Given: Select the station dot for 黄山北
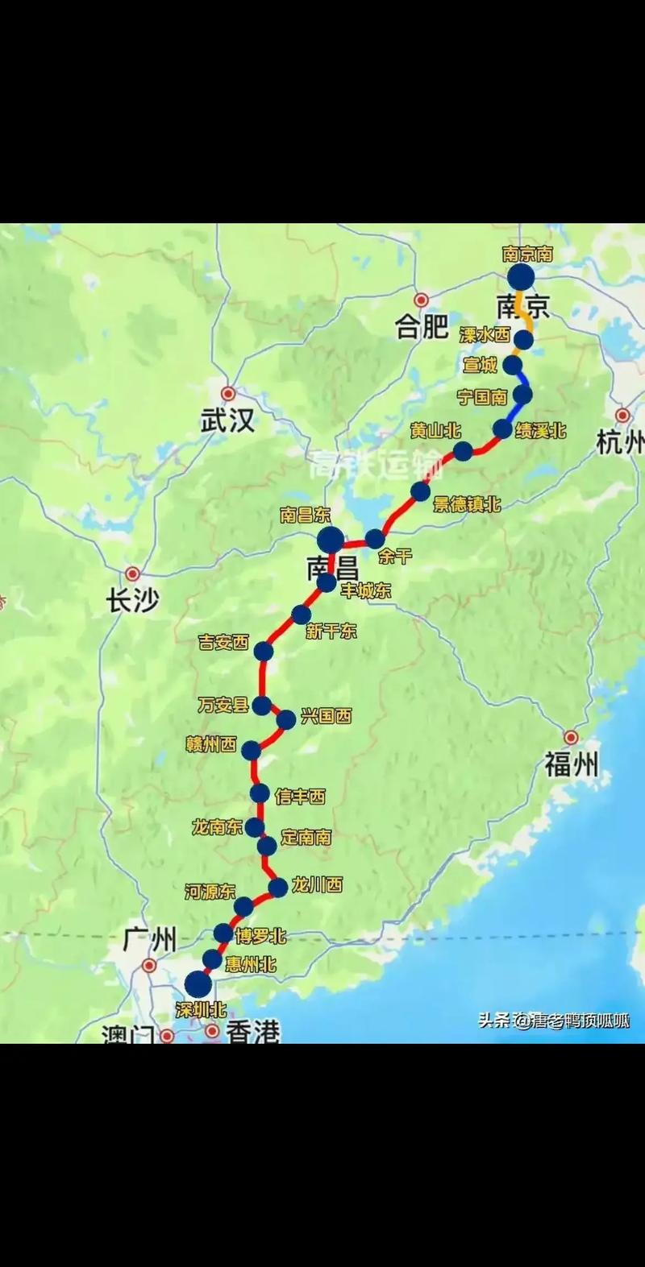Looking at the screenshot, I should coord(463,451).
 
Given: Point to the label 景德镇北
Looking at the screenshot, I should coord(467,505).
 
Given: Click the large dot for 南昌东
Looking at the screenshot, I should coord(330,539).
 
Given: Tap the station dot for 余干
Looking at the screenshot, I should coord(375,539).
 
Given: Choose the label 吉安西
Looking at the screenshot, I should coord(224,642).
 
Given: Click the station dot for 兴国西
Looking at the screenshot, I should coord(286,719).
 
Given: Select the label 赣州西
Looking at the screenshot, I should coord(211,745).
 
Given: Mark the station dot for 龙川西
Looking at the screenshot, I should coord(277,888).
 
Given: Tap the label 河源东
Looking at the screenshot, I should coord(210,891).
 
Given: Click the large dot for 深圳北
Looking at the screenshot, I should coord(198,983).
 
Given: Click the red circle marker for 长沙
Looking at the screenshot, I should coord(133,574).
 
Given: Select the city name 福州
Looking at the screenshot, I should coord(572,764).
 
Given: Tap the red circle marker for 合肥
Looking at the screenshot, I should coord(420,299).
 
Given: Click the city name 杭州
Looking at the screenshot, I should coord(621,442).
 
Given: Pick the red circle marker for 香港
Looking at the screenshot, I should coord(212,1030).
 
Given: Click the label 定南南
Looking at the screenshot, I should coord(306,838).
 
